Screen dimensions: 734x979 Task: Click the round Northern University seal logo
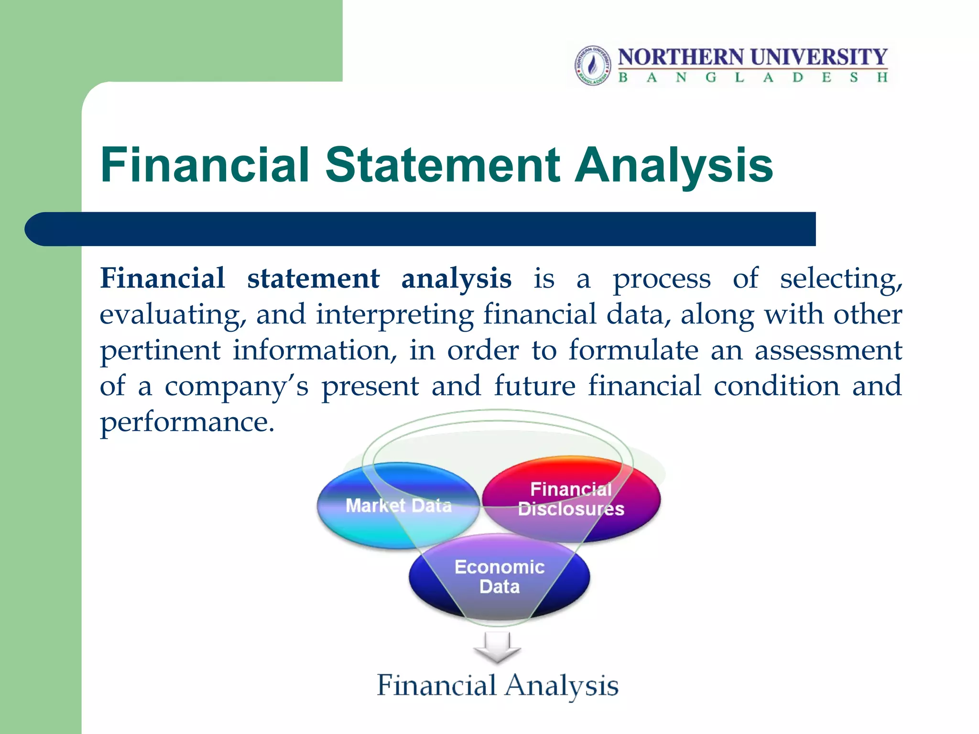593,65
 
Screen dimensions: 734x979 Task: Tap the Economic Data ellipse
499,577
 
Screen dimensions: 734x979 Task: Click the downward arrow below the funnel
497,648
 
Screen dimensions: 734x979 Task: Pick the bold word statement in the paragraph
313,279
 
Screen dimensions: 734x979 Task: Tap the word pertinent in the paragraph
160,350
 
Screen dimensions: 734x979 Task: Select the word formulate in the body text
633,350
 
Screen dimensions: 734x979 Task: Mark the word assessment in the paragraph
828,350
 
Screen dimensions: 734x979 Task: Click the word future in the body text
534,386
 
